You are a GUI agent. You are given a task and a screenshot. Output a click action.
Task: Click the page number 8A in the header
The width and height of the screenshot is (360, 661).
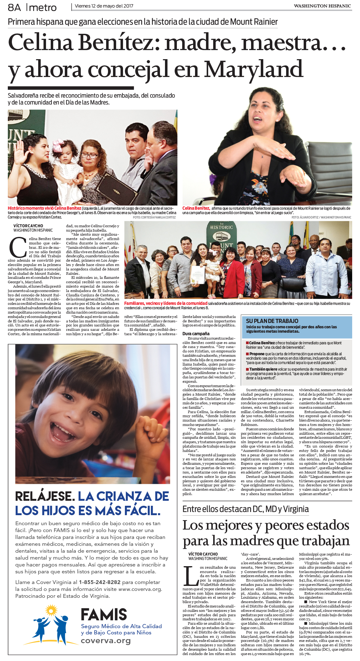[x=14, y=7]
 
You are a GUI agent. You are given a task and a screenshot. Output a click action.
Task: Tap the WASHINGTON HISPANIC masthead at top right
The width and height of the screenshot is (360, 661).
[x=322, y=6]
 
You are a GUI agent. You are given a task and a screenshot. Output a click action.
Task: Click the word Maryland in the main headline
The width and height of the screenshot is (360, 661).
[x=254, y=70]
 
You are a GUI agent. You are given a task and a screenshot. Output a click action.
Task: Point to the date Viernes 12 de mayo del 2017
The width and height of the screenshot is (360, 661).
[x=104, y=6]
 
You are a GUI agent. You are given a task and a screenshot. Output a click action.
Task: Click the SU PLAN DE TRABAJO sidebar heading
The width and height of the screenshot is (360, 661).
[x=272, y=321]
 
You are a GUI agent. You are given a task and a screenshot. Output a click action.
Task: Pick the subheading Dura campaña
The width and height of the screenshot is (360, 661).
[x=196, y=334]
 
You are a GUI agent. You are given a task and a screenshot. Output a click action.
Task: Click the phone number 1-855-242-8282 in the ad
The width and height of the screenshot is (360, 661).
[x=100, y=582]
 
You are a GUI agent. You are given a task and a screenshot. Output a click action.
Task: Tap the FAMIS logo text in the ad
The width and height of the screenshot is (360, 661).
[x=104, y=615]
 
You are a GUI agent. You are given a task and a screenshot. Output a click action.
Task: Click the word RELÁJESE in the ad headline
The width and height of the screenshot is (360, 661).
[x=45, y=496]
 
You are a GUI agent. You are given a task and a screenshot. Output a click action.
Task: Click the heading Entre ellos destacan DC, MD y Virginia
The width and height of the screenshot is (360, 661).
[x=245, y=509]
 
